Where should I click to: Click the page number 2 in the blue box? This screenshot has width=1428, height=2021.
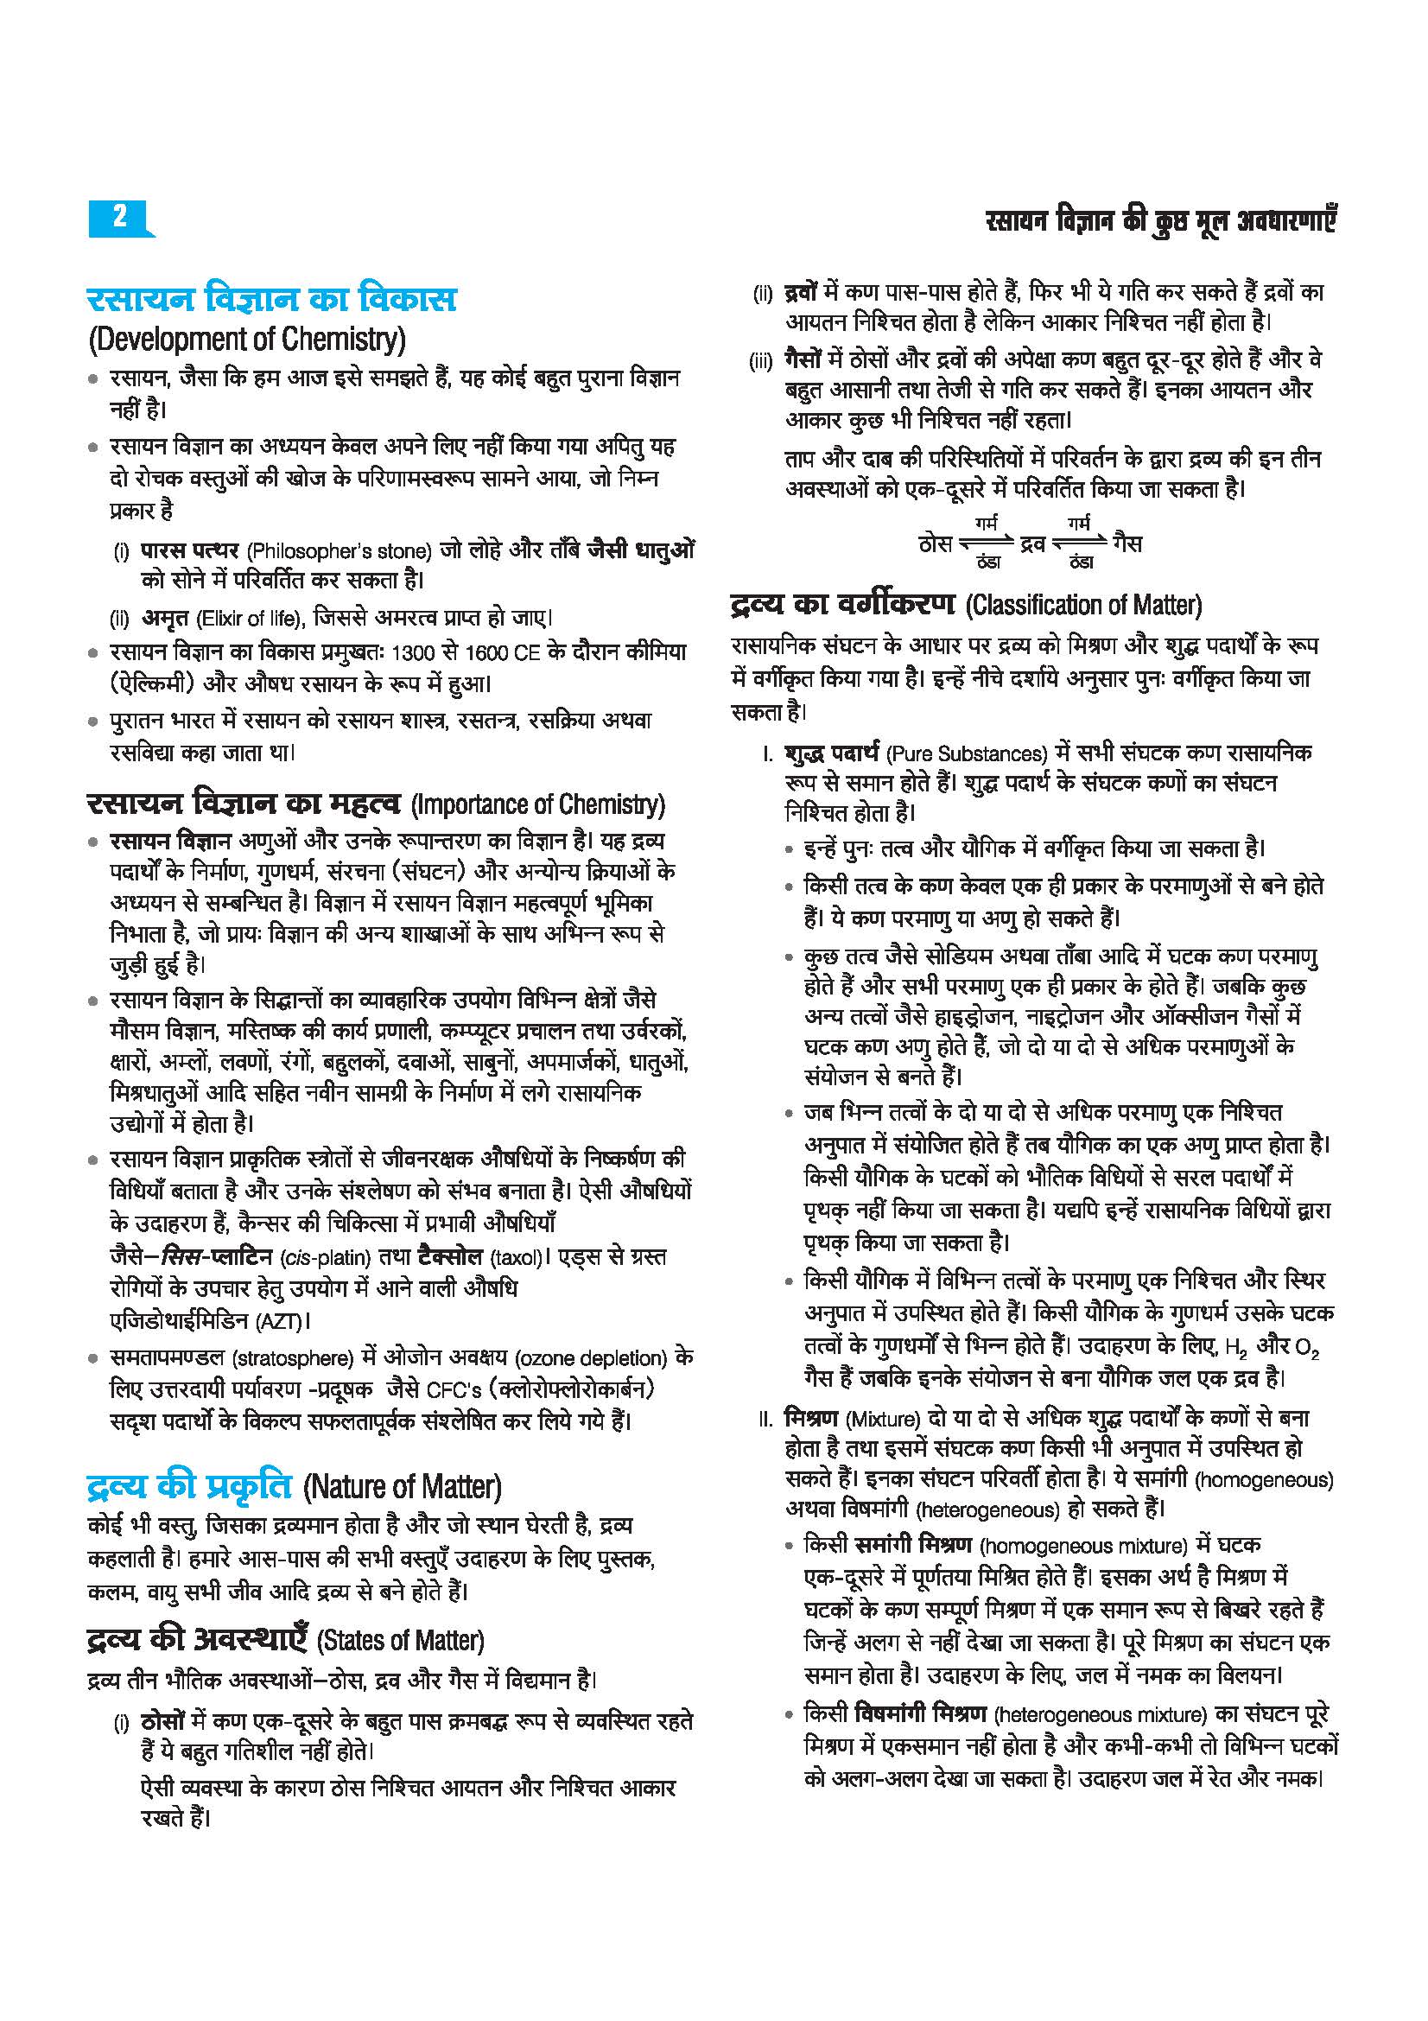(x=120, y=216)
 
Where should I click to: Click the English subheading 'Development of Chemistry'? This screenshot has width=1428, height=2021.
(x=247, y=339)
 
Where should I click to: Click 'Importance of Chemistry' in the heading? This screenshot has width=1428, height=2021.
(x=538, y=804)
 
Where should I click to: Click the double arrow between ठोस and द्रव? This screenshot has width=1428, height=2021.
(x=986, y=544)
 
